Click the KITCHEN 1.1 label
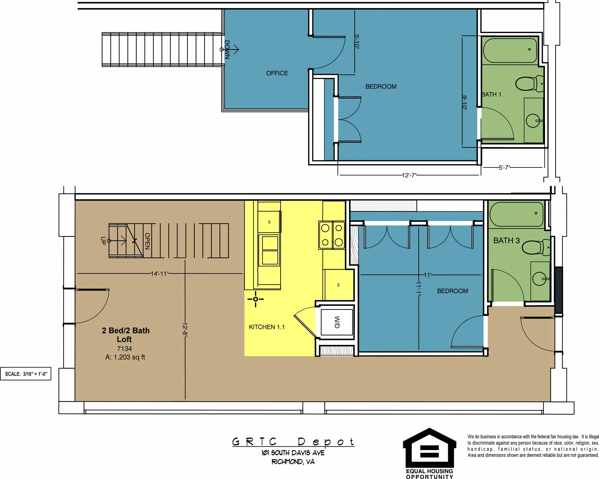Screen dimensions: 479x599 click(267, 327)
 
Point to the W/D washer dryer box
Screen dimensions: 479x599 click(337, 322)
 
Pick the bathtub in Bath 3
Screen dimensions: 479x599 click(516, 214)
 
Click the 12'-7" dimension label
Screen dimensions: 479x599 click(409, 175)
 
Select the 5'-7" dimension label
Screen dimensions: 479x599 click(504, 167)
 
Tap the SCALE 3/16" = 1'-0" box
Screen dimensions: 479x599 click(26, 374)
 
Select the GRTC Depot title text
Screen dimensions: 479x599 click(293, 442)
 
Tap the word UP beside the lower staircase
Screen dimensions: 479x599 click(103, 241)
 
